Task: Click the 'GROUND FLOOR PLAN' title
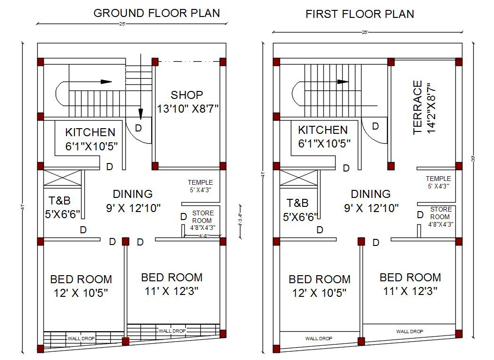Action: (x=156, y=13)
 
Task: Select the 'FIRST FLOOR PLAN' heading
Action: (x=360, y=14)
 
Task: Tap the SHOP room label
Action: (x=187, y=95)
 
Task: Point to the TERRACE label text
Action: (x=418, y=107)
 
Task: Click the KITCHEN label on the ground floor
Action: (x=90, y=132)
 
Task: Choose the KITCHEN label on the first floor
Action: (x=323, y=130)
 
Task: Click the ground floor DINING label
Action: (x=132, y=194)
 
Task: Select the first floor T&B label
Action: (x=297, y=203)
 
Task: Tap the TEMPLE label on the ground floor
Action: (x=200, y=182)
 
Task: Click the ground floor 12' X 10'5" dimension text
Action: (x=81, y=293)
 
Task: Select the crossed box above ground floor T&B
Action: (x=63, y=180)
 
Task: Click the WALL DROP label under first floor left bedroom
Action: (x=319, y=338)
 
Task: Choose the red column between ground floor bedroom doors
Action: (x=125, y=241)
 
